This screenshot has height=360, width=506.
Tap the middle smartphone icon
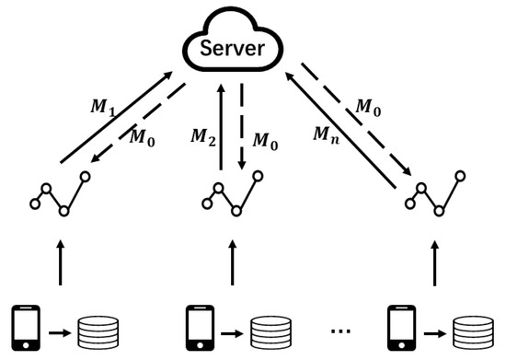195,326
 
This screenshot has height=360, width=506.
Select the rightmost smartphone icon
398,326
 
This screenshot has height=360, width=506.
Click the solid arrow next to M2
222,125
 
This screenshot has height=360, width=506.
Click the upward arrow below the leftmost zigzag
60,262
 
